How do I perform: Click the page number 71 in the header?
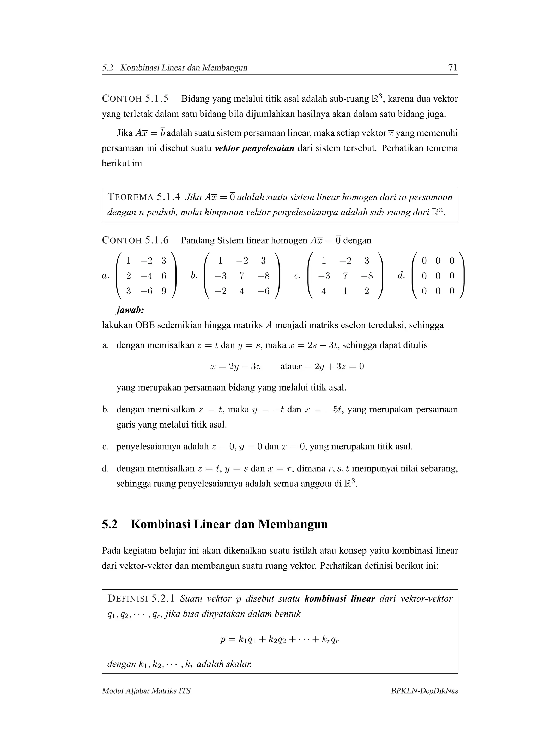[452, 67]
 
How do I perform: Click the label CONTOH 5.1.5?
[135, 98]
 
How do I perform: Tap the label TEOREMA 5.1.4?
[144, 197]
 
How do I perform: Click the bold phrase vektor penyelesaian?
[254, 148]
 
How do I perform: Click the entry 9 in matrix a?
[163, 291]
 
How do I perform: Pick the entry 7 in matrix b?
[242, 276]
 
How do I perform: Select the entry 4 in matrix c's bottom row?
[324, 291]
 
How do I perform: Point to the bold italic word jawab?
[130, 310]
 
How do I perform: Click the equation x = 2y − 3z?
[235, 366]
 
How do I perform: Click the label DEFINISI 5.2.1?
[141, 598]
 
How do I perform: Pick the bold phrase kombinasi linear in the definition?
[339, 598]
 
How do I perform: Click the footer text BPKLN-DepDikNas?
[424, 691]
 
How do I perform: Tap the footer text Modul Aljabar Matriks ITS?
[146, 691]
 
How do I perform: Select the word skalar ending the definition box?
[240, 664]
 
